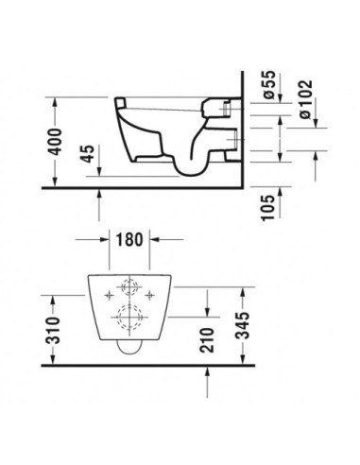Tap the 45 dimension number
click(x=87, y=153)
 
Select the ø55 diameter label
click(x=269, y=85)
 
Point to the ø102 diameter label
click(x=306, y=99)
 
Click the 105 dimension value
click(x=268, y=208)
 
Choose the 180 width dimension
click(x=129, y=239)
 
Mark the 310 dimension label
click(x=53, y=330)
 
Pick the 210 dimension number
click(x=207, y=340)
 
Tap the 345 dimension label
click(x=243, y=325)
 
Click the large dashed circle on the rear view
click(x=117, y=318)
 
